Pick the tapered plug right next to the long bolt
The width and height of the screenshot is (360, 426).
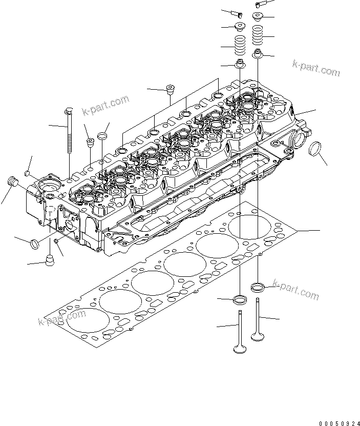90,143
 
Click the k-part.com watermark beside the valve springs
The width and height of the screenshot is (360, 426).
315,68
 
